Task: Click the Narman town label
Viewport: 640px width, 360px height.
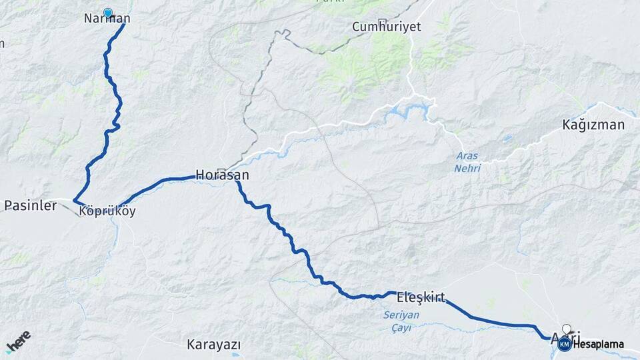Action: (x=107, y=19)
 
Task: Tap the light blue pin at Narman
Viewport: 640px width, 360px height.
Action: (x=107, y=12)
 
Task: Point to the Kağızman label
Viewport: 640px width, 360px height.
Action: (x=593, y=125)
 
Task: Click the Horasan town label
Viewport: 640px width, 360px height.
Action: (x=222, y=175)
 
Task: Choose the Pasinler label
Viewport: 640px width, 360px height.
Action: (x=30, y=205)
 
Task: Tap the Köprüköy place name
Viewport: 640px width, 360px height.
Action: (x=107, y=211)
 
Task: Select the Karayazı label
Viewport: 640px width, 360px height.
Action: (x=213, y=345)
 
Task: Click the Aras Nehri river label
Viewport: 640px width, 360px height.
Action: (x=467, y=162)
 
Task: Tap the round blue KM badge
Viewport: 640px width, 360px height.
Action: (x=564, y=344)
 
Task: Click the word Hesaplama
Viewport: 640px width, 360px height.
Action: (x=598, y=344)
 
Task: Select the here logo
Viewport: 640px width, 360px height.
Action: (x=18, y=341)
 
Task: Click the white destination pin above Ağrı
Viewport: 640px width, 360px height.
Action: (x=567, y=329)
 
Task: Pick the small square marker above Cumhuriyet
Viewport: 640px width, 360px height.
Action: (x=381, y=21)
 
